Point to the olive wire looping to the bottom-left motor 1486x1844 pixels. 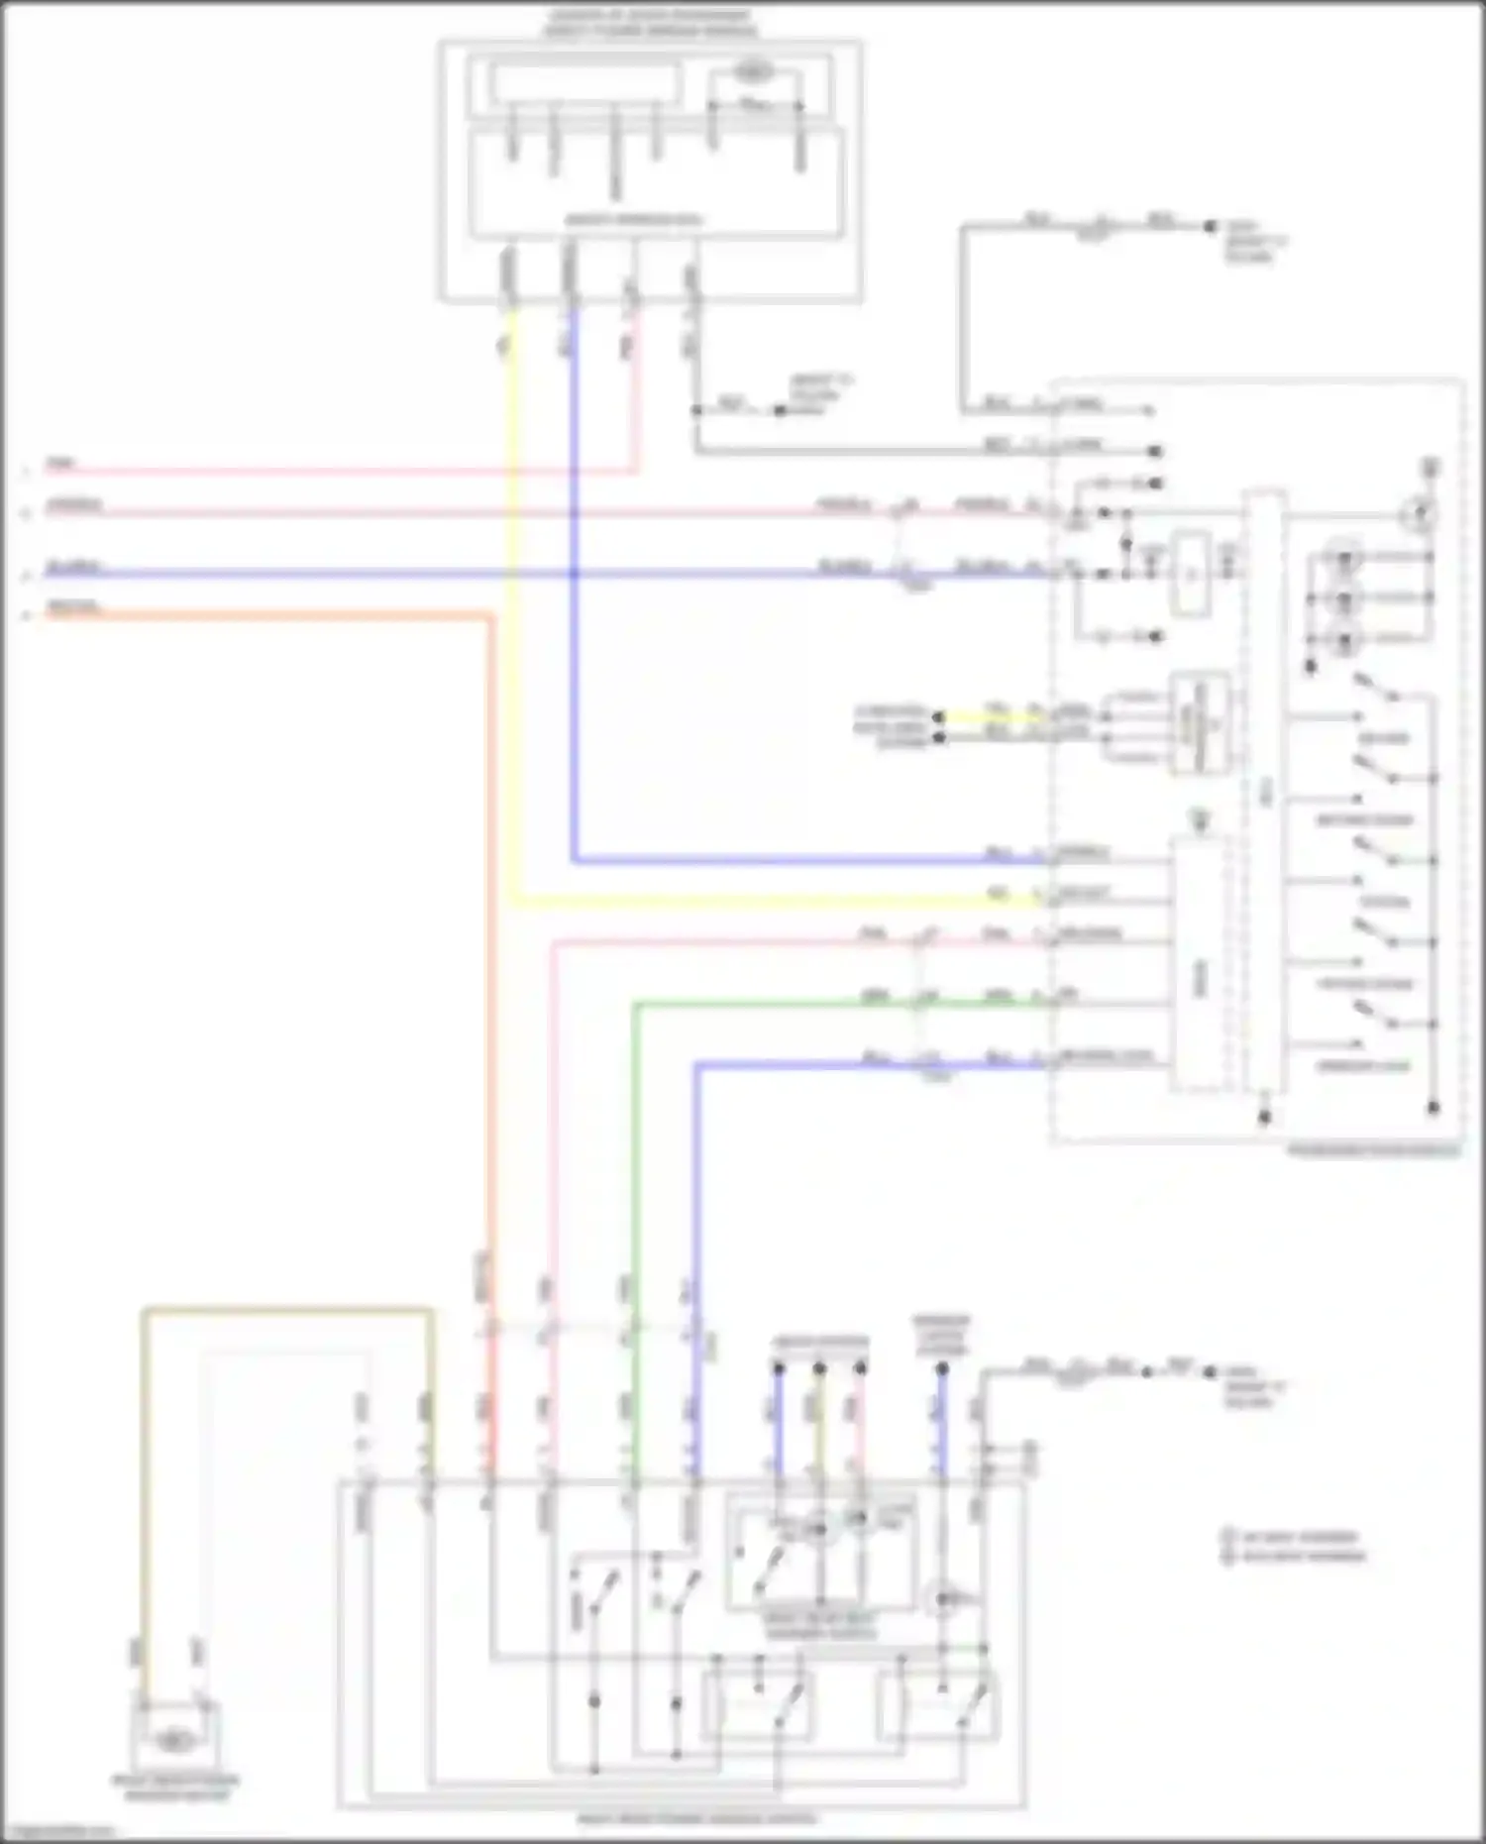click(x=287, y=1311)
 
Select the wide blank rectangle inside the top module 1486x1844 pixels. click(x=585, y=83)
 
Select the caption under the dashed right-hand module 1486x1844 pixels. click(x=1372, y=1152)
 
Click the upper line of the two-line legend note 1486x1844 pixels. click(x=1293, y=1537)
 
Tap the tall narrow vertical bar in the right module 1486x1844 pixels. click(x=1265, y=793)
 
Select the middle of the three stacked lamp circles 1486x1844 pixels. click(x=1344, y=598)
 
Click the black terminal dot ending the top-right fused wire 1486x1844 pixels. click(x=1210, y=227)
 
